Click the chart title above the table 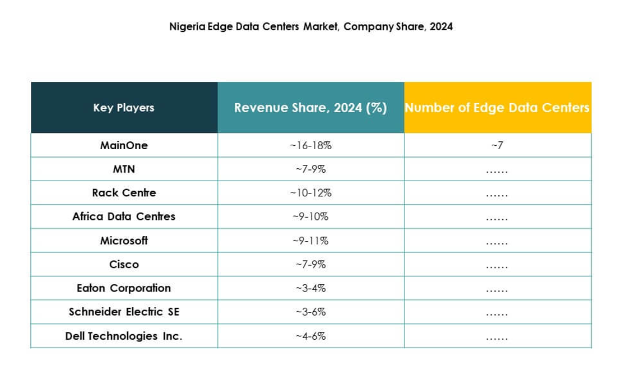click(310, 26)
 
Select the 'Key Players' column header click(124, 108)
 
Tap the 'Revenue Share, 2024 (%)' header click(310, 108)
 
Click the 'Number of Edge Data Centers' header click(497, 108)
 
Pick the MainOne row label click(124, 145)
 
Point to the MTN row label click(124, 169)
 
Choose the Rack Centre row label click(124, 193)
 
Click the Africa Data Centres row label click(124, 216)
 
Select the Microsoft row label click(124, 241)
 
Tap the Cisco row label click(124, 264)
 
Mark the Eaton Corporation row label click(124, 288)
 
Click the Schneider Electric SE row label click(124, 312)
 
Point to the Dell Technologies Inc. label click(124, 336)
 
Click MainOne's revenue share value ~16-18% click(310, 145)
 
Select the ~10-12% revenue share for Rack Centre click(310, 193)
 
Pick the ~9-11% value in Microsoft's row click(310, 241)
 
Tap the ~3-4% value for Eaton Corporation click(310, 288)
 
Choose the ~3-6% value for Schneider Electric click(310, 312)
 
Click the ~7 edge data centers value click(497, 145)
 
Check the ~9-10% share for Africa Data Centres click(310, 216)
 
